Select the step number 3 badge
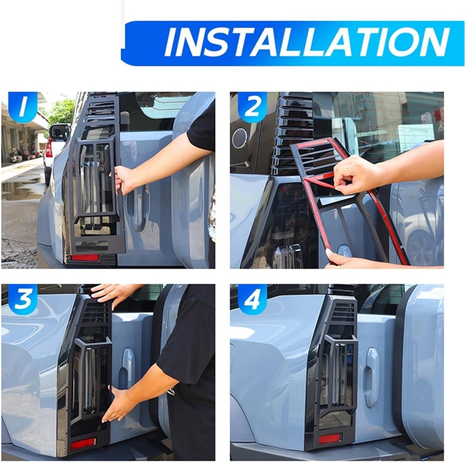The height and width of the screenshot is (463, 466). (x=22, y=298)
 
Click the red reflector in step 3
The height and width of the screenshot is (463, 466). (x=83, y=445)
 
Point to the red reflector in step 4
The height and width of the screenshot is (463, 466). (x=329, y=438)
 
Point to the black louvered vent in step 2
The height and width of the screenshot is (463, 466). (x=291, y=129)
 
